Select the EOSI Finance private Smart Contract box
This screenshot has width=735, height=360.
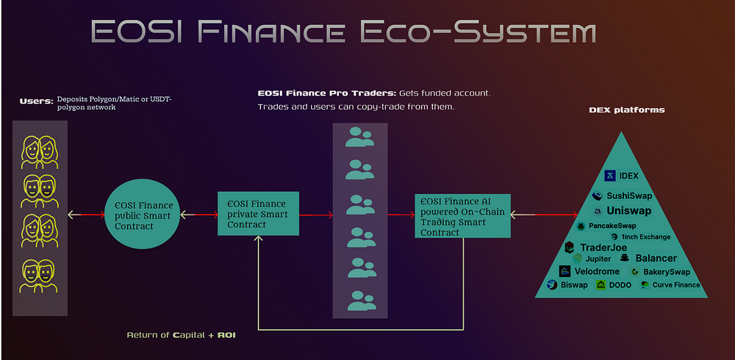[x=258, y=213]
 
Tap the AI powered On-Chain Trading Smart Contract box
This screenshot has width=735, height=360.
[x=462, y=215]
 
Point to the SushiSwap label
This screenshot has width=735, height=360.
[x=629, y=196]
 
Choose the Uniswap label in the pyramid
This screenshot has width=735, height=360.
[x=629, y=211]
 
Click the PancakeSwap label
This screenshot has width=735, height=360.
[x=612, y=226]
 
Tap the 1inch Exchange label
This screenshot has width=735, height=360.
[x=645, y=237]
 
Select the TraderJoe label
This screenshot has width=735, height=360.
[x=603, y=248]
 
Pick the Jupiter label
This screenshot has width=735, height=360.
[x=598, y=259]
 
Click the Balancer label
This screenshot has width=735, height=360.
[x=656, y=259]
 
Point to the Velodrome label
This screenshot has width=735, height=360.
[x=597, y=271]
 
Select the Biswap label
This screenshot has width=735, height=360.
[x=574, y=285]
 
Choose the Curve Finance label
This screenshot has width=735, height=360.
[x=676, y=285]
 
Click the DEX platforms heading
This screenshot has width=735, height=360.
[x=627, y=110]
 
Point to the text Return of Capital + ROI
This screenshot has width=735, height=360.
[x=181, y=336]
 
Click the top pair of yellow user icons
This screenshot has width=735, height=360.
[x=40, y=152]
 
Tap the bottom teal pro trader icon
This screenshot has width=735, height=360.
[x=362, y=300]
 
